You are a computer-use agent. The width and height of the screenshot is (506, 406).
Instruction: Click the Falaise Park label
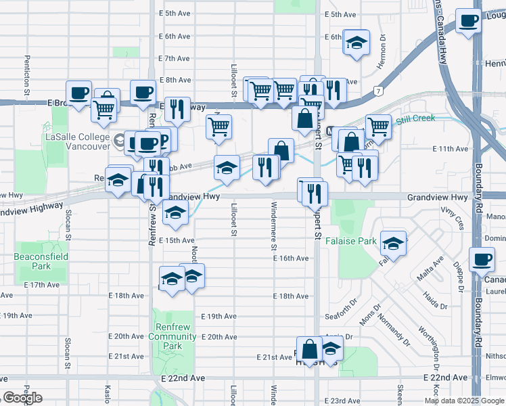[351, 241]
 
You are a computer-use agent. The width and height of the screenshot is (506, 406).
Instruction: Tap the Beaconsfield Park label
[32, 261]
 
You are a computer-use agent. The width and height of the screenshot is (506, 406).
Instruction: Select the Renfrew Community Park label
[172, 336]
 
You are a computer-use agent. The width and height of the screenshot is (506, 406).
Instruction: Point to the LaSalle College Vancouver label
[76, 141]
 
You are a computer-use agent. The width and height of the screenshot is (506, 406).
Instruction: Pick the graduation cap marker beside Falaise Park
[393, 242]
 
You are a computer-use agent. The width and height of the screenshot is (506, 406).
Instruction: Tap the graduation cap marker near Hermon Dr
[356, 43]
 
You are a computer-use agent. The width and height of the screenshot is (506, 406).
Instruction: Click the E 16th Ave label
[292, 258]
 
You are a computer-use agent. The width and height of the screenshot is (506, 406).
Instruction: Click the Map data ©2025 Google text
[463, 400]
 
